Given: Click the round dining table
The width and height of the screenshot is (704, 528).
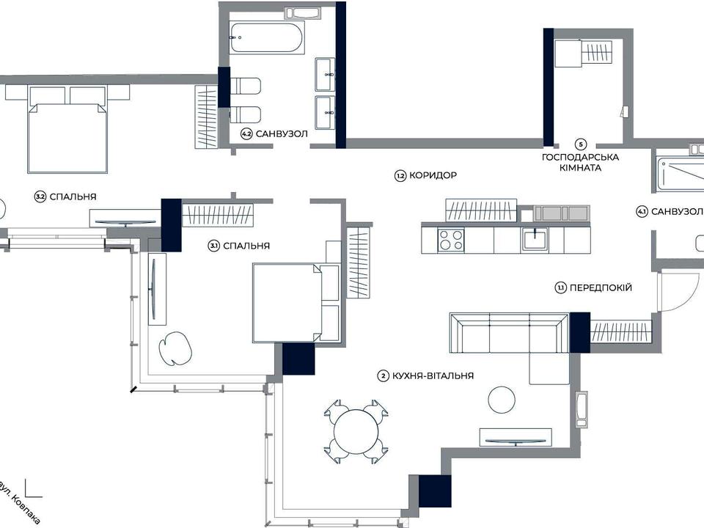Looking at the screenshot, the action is tap(356, 432).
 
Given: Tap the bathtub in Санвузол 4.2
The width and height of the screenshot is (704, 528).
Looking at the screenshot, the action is tap(267, 37).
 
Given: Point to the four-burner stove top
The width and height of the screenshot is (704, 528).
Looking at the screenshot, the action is tap(451, 239).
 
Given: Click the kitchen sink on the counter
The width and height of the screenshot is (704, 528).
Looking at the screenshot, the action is tap(535, 239).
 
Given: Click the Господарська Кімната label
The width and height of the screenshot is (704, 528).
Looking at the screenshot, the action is tap(581, 163).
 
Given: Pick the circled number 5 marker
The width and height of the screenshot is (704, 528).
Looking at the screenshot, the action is tap(581, 144).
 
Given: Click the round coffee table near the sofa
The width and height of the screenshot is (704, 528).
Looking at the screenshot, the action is tap(502, 400).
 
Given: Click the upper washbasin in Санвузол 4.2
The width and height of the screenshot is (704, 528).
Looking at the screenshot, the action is tap(325, 73).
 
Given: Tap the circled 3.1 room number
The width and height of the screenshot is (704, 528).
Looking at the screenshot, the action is tap(214, 246).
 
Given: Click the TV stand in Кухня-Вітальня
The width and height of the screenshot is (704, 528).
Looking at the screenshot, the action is tap(516, 437).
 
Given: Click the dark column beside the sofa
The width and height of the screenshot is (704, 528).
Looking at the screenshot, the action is tap(579, 333).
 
